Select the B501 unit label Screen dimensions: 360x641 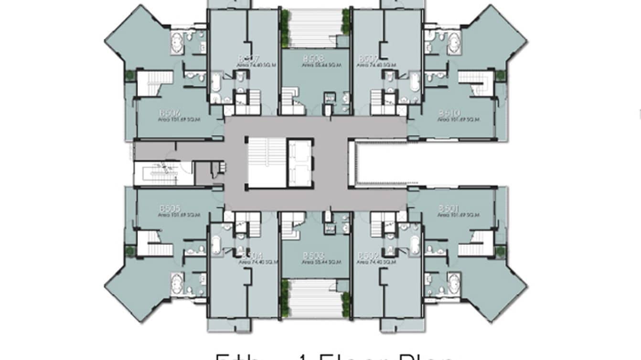pyautogui.click(x=449, y=208)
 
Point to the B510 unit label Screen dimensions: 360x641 pyautogui.click(x=449, y=113)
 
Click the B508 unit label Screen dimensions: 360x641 pyautogui.click(x=313, y=59)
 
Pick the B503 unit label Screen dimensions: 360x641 pyautogui.click(x=313, y=256)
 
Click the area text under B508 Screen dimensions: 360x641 pyautogui.click(x=316, y=65)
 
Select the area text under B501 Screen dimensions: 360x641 pyautogui.click(x=458, y=215)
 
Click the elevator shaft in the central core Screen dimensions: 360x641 pyautogui.click(x=300, y=163)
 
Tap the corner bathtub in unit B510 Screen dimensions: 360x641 pyautogui.click(x=453, y=42)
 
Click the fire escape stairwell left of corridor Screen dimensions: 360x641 pyautogui.click(x=158, y=173)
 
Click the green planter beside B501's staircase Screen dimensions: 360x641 pyautogui.click(x=500, y=251)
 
